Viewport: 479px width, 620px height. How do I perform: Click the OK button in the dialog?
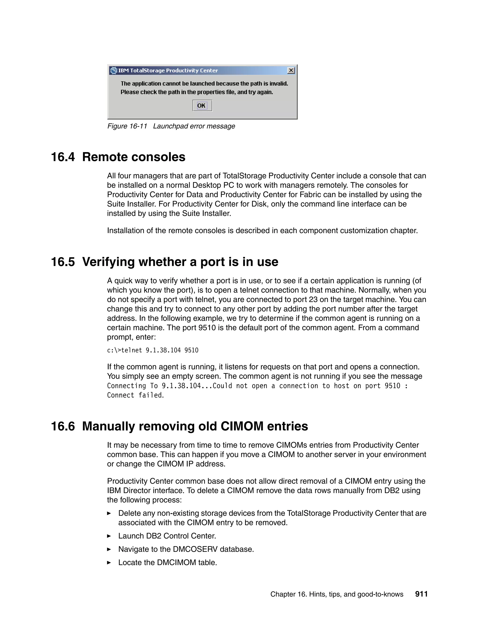click(x=202, y=106)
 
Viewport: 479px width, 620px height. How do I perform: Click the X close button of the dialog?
click(x=291, y=70)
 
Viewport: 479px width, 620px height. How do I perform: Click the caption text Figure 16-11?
click(x=127, y=126)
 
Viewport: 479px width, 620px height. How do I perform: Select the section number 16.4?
click(x=63, y=157)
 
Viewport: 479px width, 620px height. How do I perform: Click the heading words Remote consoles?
click(x=134, y=157)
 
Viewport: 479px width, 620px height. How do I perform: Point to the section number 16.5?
click(x=63, y=262)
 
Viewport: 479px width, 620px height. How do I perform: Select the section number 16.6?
click(x=63, y=426)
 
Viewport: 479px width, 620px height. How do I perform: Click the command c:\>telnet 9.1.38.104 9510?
click(x=153, y=350)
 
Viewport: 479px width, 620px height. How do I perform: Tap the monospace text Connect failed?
click(x=135, y=395)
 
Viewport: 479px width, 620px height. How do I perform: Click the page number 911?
click(x=421, y=594)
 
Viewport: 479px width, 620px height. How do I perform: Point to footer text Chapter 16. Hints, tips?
click(x=337, y=594)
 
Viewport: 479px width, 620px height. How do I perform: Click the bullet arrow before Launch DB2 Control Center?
click(x=109, y=536)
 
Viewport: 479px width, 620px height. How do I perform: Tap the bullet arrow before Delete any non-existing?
click(x=109, y=513)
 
